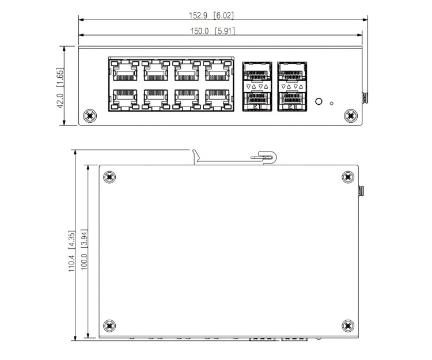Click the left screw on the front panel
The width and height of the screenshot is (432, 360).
pyautogui.click(x=90, y=115)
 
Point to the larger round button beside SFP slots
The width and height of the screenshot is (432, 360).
pyautogui.click(x=318, y=103)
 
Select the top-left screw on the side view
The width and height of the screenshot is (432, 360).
pyautogui.click(x=110, y=177)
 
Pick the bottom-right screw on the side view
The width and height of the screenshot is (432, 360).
pyautogui.click(x=347, y=325)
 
